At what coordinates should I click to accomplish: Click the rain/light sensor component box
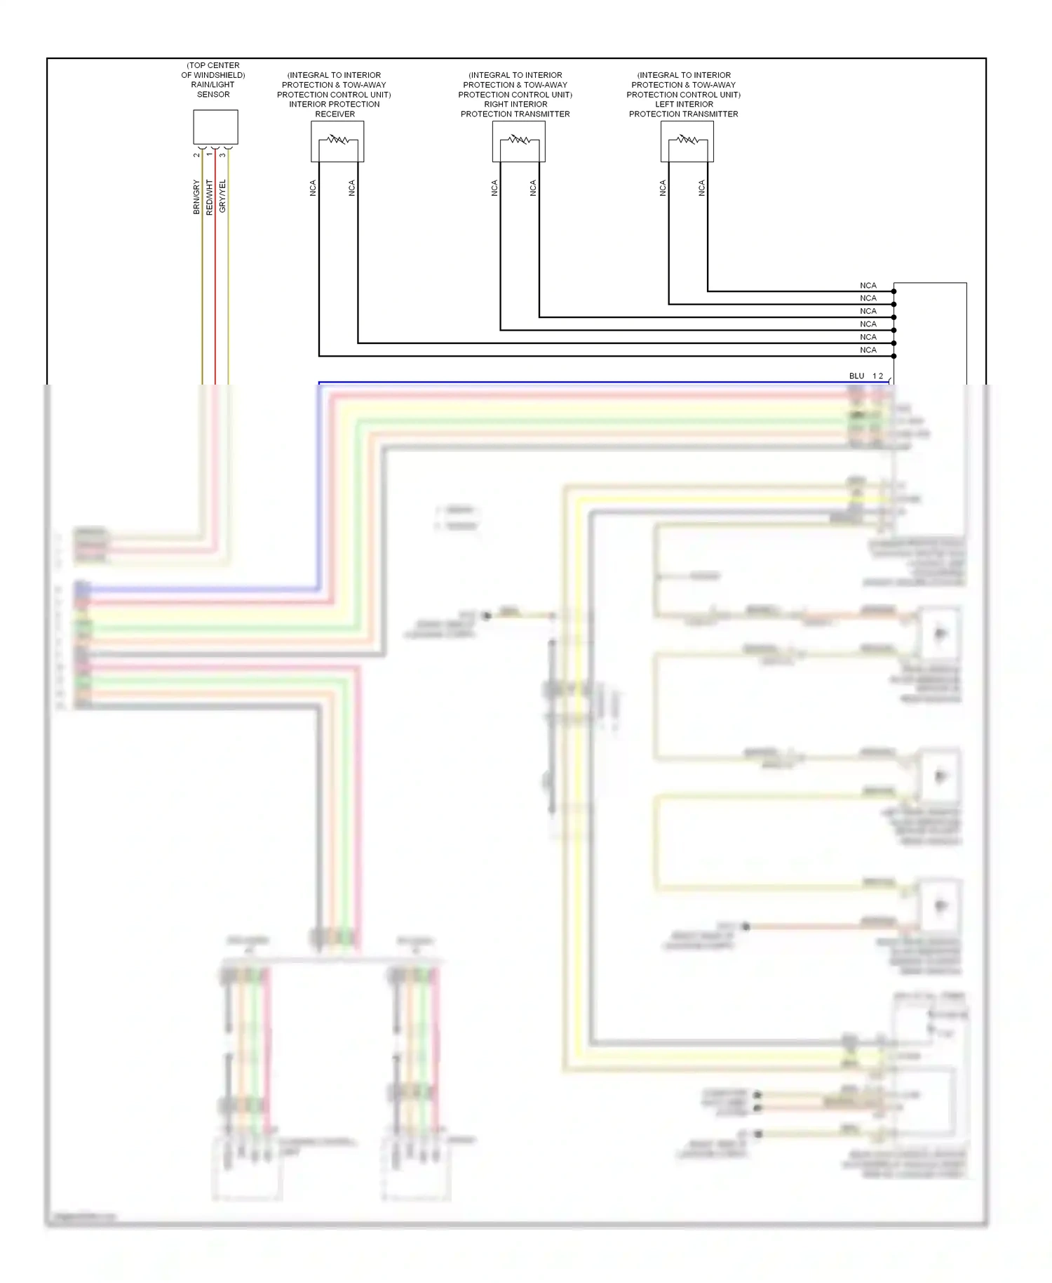[215, 127]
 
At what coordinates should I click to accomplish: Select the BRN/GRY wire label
[196, 197]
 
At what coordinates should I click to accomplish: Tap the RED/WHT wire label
[209, 197]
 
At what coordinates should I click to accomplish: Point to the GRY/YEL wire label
[222, 196]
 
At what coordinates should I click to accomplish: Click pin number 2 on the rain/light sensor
[196, 155]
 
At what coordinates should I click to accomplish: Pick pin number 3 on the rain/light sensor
[222, 155]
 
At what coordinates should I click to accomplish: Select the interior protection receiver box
[337, 141]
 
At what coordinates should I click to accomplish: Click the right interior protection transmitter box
[518, 141]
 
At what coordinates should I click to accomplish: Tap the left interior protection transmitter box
[687, 141]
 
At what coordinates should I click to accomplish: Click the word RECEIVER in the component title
[335, 114]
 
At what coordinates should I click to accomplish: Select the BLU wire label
[856, 376]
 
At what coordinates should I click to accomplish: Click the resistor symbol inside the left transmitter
[687, 139]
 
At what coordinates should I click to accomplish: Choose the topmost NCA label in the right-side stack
[868, 286]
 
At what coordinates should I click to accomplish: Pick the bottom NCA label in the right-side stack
[868, 350]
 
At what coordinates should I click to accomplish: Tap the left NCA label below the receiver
[313, 187]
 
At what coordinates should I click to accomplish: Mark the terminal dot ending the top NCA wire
[893, 291]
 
